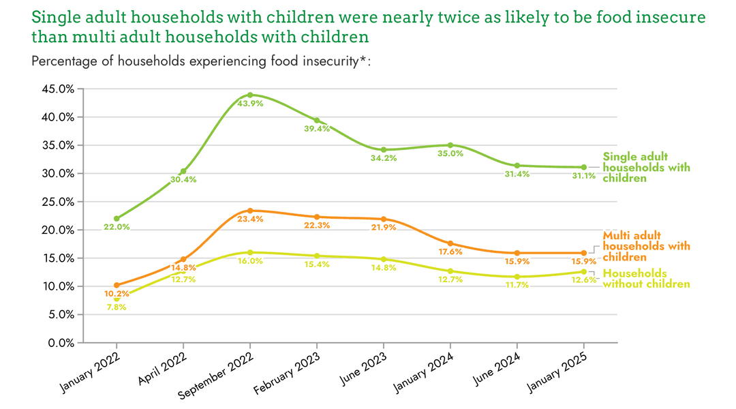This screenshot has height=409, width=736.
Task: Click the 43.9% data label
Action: click(x=250, y=104)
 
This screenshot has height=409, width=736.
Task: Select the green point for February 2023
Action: click(x=317, y=121)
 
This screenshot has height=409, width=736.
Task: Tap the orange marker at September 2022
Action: click(x=250, y=211)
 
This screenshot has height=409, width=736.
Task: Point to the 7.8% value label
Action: click(x=117, y=307)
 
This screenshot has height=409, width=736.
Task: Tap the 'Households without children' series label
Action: click(x=646, y=278)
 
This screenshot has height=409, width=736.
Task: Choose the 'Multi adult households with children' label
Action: click(x=646, y=246)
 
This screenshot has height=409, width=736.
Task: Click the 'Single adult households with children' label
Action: click(x=646, y=168)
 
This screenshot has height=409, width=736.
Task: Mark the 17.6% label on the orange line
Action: click(x=450, y=252)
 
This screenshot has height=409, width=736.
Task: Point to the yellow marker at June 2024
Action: click(x=517, y=277)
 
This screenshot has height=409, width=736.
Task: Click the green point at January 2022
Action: click(x=117, y=219)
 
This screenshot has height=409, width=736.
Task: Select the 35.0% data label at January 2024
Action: click(x=450, y=154)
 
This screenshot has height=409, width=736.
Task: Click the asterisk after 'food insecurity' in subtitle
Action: click(x=364, y=59)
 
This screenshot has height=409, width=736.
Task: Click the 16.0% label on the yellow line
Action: click(x=250, y=261)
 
